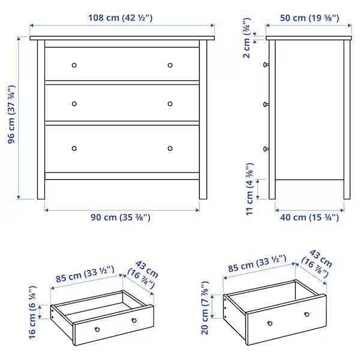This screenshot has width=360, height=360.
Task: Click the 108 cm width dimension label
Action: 122,18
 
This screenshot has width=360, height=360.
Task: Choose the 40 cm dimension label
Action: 309,218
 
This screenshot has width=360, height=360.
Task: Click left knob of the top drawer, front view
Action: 74,65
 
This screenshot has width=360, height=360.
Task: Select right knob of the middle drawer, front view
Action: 170,104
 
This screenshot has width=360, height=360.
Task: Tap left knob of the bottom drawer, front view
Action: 74,148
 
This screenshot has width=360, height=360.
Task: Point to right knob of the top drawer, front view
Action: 170,65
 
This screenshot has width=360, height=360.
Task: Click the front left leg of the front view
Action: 41,186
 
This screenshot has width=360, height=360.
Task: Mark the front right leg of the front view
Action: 203,186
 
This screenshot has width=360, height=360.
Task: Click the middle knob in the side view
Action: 265,104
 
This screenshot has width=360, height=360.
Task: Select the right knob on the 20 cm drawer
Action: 307,314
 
